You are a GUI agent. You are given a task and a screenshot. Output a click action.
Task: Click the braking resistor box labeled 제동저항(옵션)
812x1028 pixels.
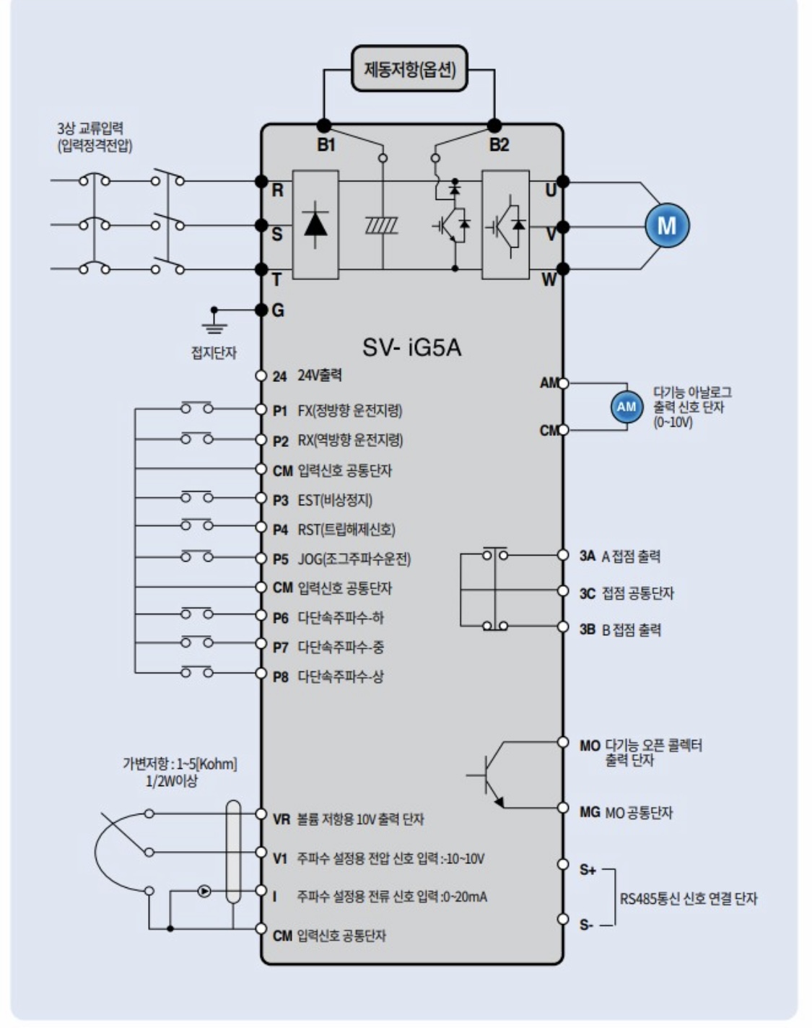point(409,69)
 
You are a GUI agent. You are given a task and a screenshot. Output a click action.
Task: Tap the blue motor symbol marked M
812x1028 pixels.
point(666,225)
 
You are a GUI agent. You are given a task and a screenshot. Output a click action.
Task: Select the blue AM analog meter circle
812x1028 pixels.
point(626,406)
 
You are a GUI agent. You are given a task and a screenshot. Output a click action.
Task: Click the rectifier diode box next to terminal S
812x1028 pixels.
point(315,225)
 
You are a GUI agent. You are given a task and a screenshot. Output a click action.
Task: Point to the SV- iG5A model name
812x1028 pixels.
point(411,348)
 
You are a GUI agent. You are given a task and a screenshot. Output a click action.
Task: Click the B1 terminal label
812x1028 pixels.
point(326,145)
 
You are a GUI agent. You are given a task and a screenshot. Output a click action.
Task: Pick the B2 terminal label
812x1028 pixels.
point(499,145)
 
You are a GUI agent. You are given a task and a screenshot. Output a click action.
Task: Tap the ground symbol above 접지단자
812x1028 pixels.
point(214,322)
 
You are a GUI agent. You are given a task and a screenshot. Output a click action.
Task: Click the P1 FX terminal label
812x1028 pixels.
point(280,411)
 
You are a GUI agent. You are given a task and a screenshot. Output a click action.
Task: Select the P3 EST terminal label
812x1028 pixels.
point(280,500)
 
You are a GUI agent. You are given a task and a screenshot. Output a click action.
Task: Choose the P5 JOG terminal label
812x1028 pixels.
point(280,559)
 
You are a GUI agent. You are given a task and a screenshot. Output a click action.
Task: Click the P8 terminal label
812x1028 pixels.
point(280,677)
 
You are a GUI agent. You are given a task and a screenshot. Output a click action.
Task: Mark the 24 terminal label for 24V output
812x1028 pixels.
point(279,376)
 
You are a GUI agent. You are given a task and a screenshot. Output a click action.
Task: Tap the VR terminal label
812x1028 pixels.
point(281,819)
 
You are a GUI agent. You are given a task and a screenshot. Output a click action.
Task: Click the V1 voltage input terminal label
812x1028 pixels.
point(280,858)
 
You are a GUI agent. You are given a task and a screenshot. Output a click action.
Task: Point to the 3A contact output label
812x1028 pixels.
point(587,557)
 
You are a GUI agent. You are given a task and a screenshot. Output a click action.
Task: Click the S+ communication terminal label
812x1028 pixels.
point(588,870)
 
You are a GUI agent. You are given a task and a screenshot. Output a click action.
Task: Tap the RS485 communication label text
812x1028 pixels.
point(689,899)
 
